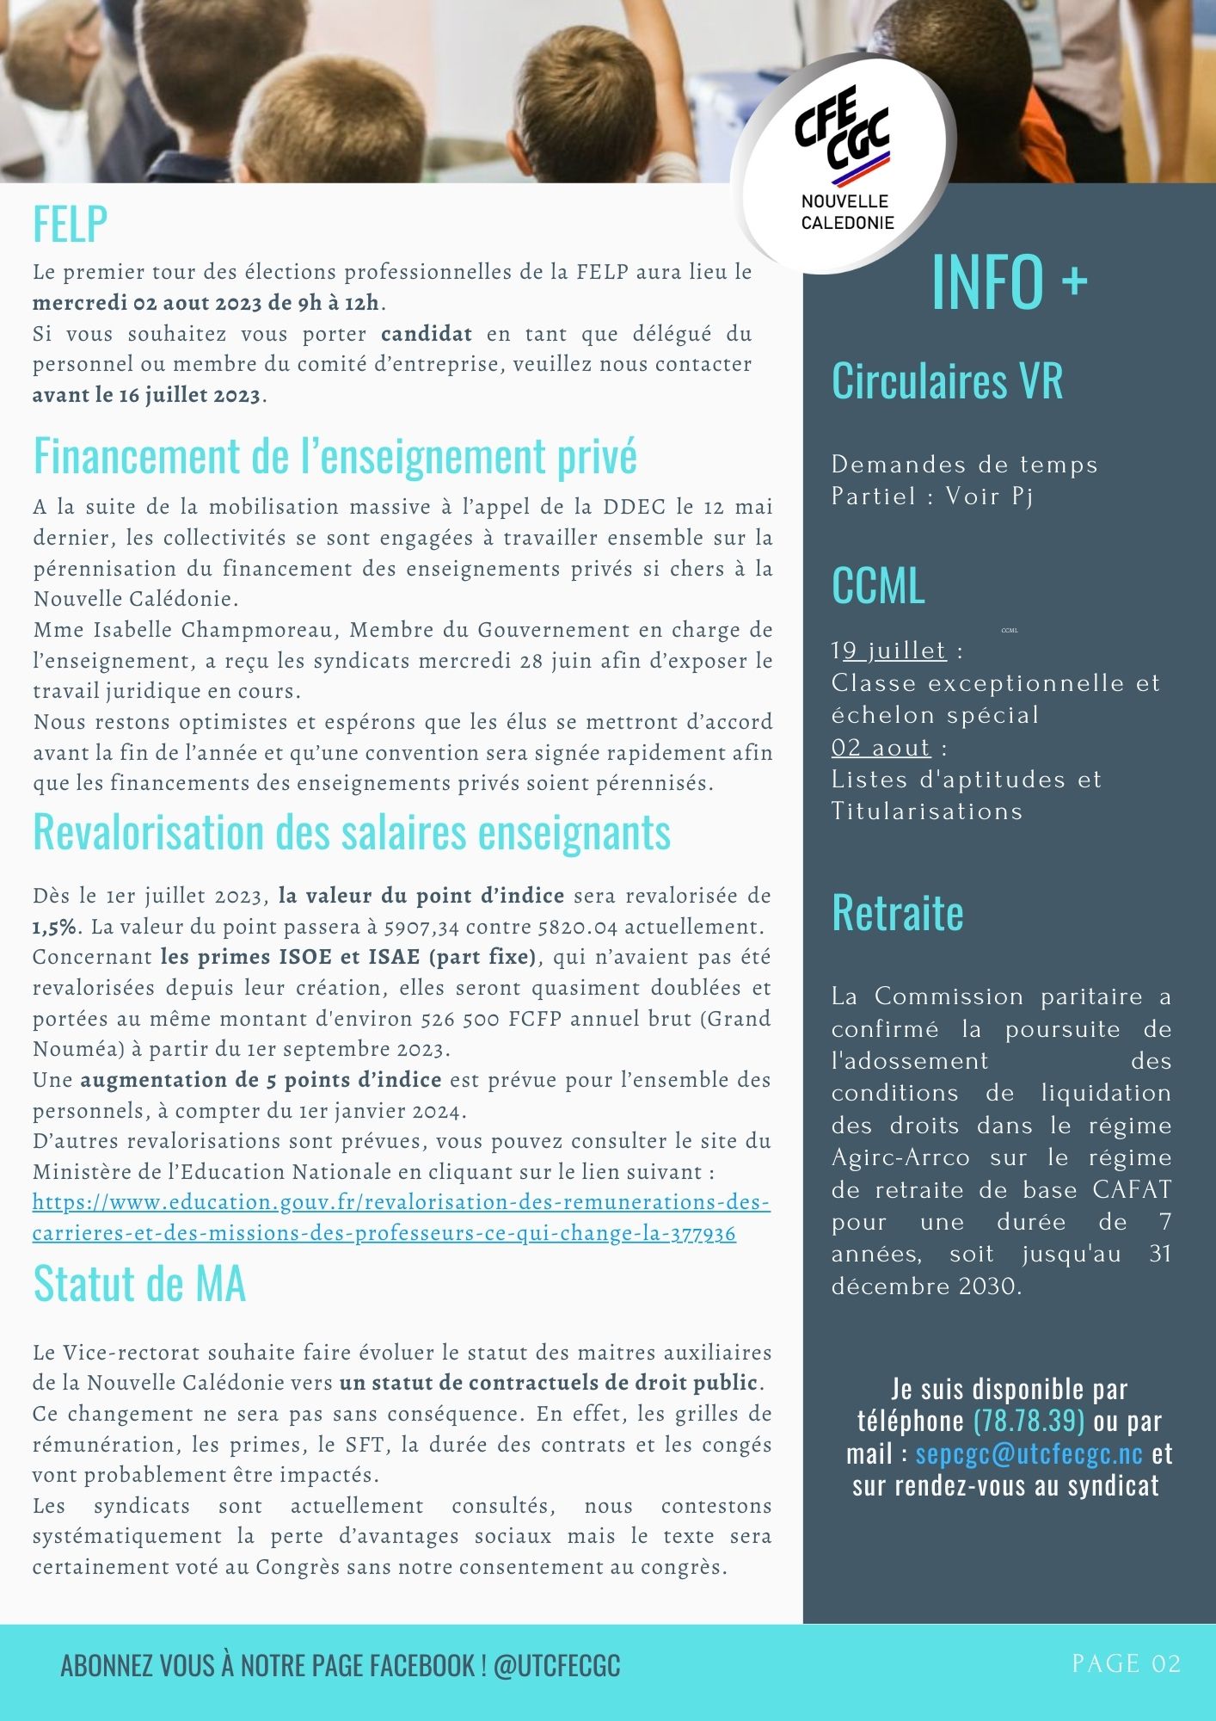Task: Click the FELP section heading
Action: point(70,225)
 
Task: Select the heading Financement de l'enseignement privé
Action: point(335,456)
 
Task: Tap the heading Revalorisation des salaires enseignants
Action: point(351,832)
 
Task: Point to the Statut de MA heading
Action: point(139,1284)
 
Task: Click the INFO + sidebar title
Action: point(1009,281)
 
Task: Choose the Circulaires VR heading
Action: point(947,380)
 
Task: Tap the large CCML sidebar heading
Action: point(878,586)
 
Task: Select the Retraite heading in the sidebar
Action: point(897,913)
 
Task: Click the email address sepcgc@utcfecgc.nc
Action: point(1029,1454)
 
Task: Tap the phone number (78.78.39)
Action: point(1029,1422)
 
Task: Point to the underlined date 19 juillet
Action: point(889,651)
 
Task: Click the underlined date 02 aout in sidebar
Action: point(881,748)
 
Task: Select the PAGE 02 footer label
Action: point(1126,1663)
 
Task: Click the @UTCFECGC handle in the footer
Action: point(556,1666)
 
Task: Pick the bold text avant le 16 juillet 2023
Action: point(146,396)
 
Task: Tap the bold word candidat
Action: point(427,334)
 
